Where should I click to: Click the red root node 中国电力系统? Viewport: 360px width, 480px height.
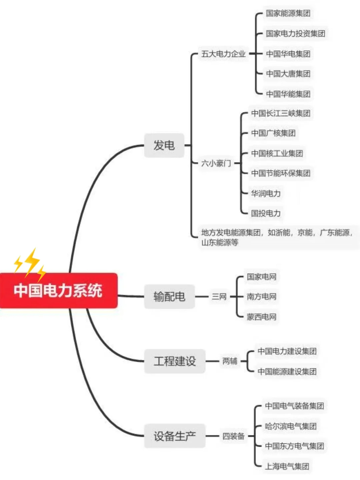(x=58, y=290)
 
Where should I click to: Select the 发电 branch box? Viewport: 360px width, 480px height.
(x=164, y=145)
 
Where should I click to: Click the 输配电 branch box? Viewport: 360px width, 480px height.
(x=169, y=296)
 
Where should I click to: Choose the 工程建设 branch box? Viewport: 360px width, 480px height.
(x=175, y=361)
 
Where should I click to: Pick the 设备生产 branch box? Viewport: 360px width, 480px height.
(x=175, y=436)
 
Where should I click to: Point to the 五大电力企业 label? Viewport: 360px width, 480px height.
(x=223, y=54)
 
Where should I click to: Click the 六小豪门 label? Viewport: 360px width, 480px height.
(x=216, y=163)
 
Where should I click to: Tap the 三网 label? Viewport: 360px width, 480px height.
(x=219, y=296)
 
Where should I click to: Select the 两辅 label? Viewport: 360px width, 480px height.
(x=230, y=361)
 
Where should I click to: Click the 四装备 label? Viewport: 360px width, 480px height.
(x=233, y=436)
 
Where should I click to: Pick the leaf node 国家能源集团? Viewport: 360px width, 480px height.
(x=288, y=13)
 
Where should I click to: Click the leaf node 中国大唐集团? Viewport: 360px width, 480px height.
(x=288, y=74)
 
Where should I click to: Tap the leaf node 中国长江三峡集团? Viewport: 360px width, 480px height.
(x=281, y=113)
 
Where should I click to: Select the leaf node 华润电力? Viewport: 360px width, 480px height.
(x=266, y=193)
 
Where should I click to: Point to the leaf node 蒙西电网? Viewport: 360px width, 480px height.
(x=261, y=317)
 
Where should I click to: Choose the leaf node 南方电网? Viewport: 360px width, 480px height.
(x=261, y=296)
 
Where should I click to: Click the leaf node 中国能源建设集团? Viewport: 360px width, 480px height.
(x=287, y=371)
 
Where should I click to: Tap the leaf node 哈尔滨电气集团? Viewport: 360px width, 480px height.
(x=291, y=426)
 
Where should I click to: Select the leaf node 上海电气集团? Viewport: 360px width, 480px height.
(x=287, y=466)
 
